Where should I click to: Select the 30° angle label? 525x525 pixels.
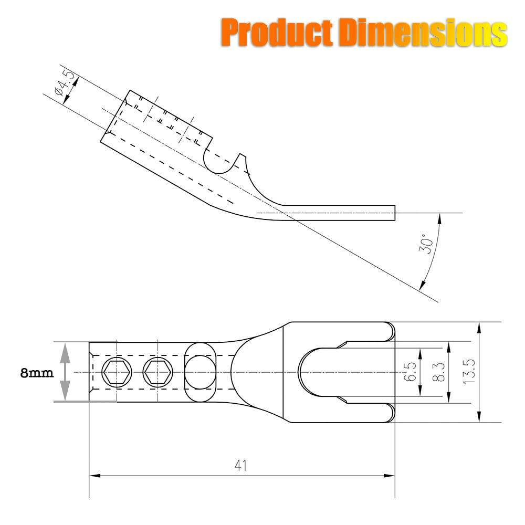coord(426,245)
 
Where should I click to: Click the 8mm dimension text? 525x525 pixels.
coord(36,373)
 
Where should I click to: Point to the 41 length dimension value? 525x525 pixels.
coord(240,466)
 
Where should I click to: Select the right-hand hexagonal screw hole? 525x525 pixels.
coord(156,372)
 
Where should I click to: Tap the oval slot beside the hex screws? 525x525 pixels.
coord(200,372)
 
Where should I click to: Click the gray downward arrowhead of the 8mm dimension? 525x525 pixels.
coord(64,394)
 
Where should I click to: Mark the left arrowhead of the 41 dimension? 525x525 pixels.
coord(94,476)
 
